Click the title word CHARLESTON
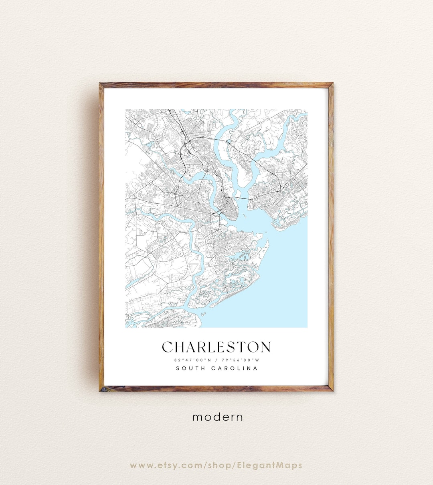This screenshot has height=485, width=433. [x=216, y=347]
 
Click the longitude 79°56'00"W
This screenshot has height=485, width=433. [x=242, y=359]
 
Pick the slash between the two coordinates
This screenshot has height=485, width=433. [x=216, y=359]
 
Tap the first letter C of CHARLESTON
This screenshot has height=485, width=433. [x=168, y=347]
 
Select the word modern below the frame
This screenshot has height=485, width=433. [x=218, y=417]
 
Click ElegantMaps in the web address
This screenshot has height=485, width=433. [x=275, y=465]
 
